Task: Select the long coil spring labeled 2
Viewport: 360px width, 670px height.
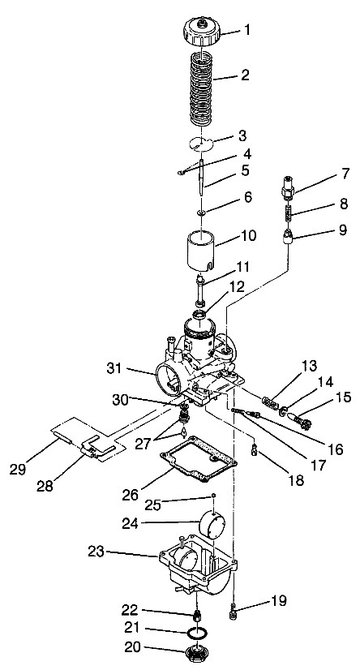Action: tap(201, 88)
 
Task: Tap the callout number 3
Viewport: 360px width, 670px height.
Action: tap(242, 136)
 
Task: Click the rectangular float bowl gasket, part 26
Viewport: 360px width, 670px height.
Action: tap(198, 459)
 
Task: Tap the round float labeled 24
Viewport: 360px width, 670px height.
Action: tap(214, 522)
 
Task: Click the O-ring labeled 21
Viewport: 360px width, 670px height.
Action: tap(198, 633)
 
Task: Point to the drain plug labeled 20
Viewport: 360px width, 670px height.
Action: tap(198, 653)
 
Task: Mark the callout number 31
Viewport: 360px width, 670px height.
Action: tap(114, 367)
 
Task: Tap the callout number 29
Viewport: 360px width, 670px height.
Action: tap(18, 469)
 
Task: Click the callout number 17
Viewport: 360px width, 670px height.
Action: tap(318, 466)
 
